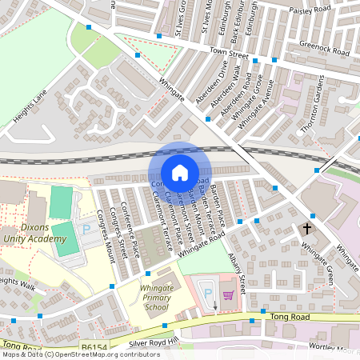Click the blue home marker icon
[180, 172]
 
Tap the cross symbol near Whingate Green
[307, 229]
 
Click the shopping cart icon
[228, 295]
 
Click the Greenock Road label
[325, 48]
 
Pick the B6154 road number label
[94, 346]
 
